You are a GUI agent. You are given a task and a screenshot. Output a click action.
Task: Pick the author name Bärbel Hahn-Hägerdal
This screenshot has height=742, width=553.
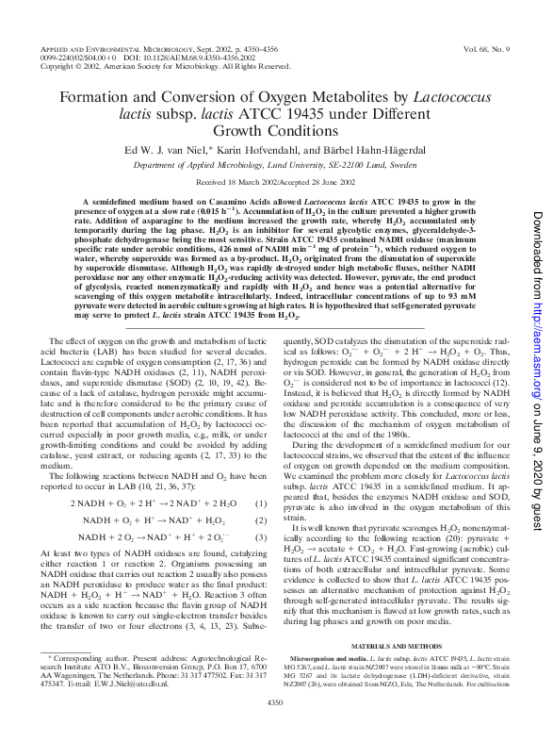point(366,147)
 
